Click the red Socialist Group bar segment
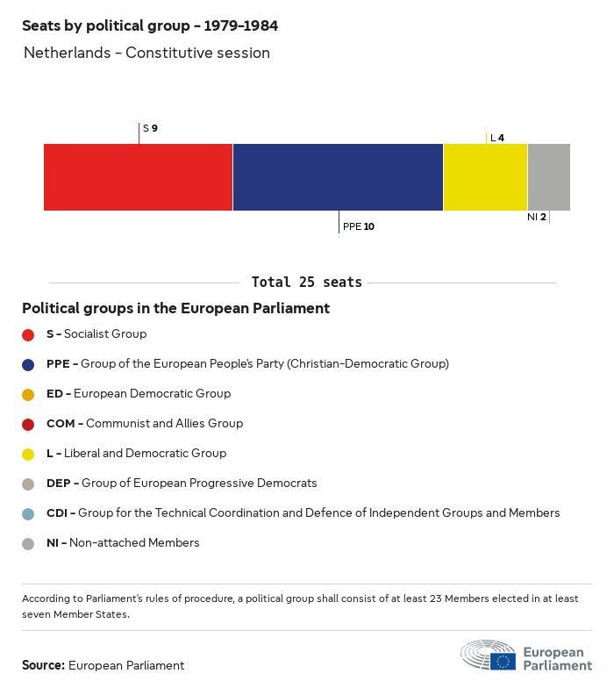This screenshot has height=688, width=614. point(138,177)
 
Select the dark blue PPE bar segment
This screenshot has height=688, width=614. point(338,177)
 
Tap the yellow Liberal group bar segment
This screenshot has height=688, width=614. point(485,177)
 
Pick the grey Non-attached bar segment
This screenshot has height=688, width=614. point(548,177)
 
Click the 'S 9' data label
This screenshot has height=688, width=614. point(150,129)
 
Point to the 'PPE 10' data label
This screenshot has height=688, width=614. point(359,226)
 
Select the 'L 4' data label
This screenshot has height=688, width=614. point(497,138)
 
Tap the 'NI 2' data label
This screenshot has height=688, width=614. point(537,217)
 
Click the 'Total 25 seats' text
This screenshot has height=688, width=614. point(306,283)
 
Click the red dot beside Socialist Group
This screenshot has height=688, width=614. point(28,334)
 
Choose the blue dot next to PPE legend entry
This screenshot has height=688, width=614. point(28,364)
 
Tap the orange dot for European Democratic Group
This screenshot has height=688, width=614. point(28,394)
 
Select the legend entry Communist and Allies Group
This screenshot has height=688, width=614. point(145,424)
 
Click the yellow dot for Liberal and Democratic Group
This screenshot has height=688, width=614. point(28,454)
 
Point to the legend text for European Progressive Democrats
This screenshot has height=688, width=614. point(182,484)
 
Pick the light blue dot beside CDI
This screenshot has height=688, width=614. point(28,513)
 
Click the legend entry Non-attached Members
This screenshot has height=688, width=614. point(123,543)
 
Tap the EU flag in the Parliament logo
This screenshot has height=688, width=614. point(503,661)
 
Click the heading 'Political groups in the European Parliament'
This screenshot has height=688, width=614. point(175,309)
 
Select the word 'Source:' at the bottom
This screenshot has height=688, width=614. point(43,665)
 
